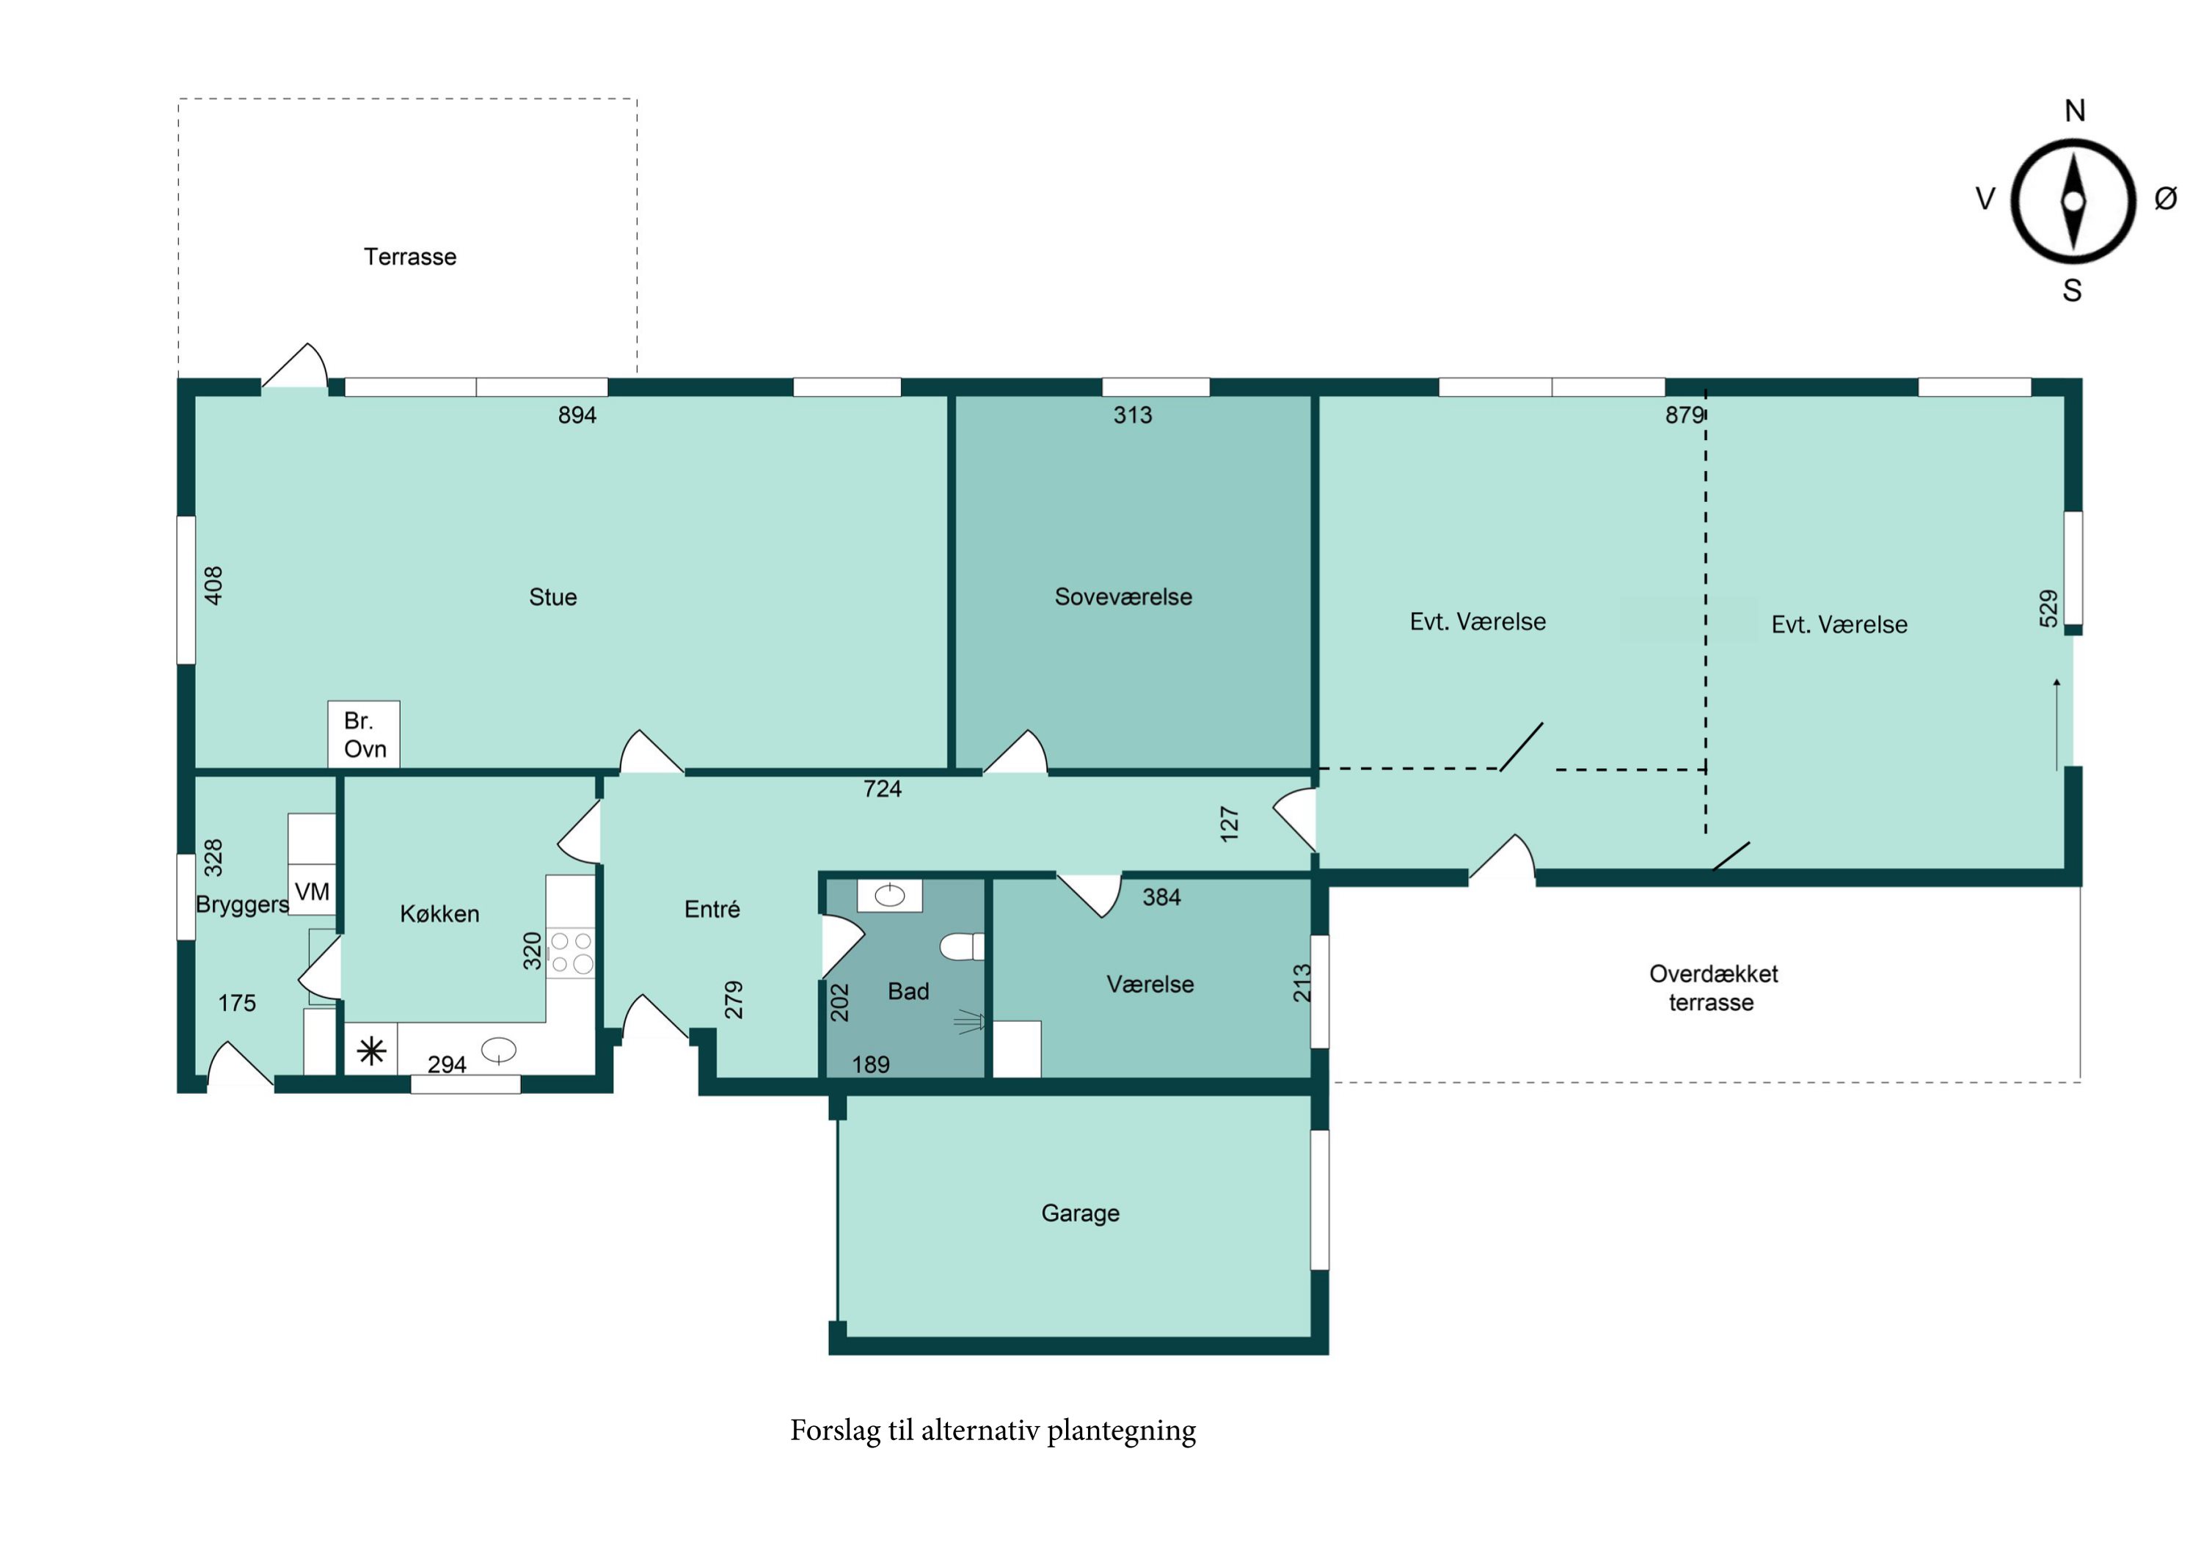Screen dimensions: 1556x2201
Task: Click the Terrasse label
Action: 409,257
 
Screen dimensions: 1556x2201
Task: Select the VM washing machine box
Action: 312,891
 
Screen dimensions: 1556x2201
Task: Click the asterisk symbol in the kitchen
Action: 371,1052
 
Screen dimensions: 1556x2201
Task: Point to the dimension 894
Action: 577,415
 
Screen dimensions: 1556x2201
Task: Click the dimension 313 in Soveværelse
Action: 1132,415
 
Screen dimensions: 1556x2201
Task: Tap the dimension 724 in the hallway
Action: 882,789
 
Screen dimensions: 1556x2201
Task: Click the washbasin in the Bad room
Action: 890,896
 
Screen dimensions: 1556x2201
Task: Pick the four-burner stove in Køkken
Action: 570,953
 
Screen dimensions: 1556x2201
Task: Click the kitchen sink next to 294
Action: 498,1051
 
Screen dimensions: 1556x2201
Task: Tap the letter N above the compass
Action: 2075,112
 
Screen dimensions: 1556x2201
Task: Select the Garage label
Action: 1081,1213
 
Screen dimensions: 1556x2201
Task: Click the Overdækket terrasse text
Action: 1712,988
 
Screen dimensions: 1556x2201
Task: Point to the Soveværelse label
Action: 1123,597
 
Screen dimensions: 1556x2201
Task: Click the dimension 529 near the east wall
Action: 2048,609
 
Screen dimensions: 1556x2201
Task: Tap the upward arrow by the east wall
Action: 2056,724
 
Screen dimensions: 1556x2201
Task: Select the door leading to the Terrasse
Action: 294,369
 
